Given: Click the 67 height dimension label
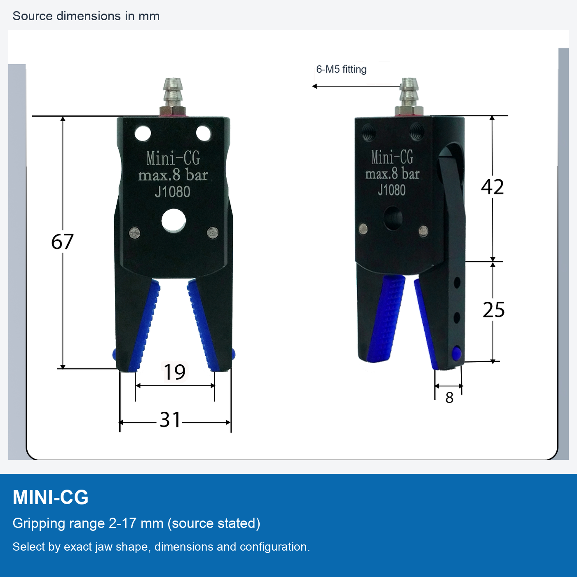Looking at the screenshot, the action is coord(62,242).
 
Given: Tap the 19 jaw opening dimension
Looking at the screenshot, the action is coord(175,372).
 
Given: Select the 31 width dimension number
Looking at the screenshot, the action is coord(170,420).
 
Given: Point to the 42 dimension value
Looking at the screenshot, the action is coord(492,187).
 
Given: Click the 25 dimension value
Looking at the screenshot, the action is coord(493,310).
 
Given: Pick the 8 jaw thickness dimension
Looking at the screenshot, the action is coord(449,398).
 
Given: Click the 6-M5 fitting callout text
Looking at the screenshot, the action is coord(341,70).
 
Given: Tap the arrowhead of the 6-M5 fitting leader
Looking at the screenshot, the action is coord(314,86).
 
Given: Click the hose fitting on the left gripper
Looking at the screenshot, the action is coord(172,96).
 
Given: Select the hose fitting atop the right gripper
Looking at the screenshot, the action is coord(409,96).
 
